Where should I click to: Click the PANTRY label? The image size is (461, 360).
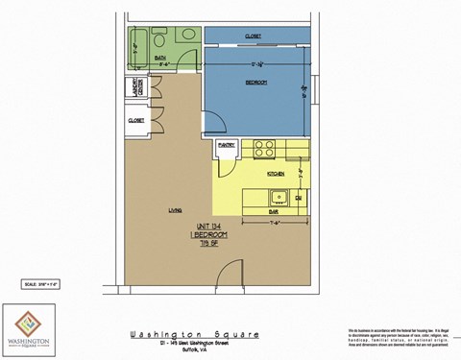pos(227,145)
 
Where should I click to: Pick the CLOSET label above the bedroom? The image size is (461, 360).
pos(253,36)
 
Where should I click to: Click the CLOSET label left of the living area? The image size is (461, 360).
pos(135,120)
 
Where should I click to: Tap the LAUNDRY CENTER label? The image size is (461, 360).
pos(136,87)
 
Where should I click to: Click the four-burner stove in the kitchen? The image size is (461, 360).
pos(264,149)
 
